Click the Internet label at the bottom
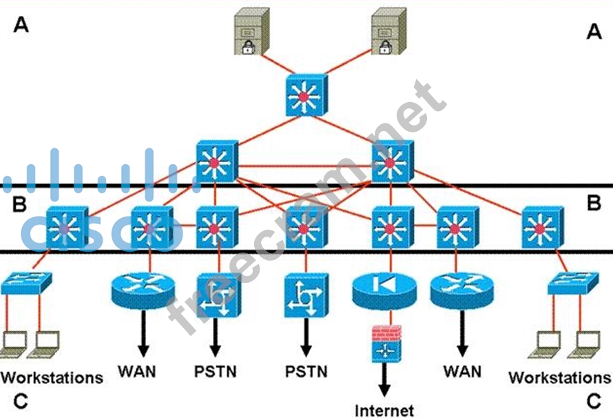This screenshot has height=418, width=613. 385,410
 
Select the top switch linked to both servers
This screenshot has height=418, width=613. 303,97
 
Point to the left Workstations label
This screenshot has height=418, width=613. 52,377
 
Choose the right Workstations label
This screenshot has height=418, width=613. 559,377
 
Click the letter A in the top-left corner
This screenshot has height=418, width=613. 21,26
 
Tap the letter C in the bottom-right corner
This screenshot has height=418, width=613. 593,399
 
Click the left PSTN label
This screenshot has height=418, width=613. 215,372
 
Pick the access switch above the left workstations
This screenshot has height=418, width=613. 26,283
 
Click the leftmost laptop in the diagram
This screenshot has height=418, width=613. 13,343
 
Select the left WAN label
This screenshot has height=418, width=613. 136,372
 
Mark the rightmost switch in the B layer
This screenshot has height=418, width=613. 540,227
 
